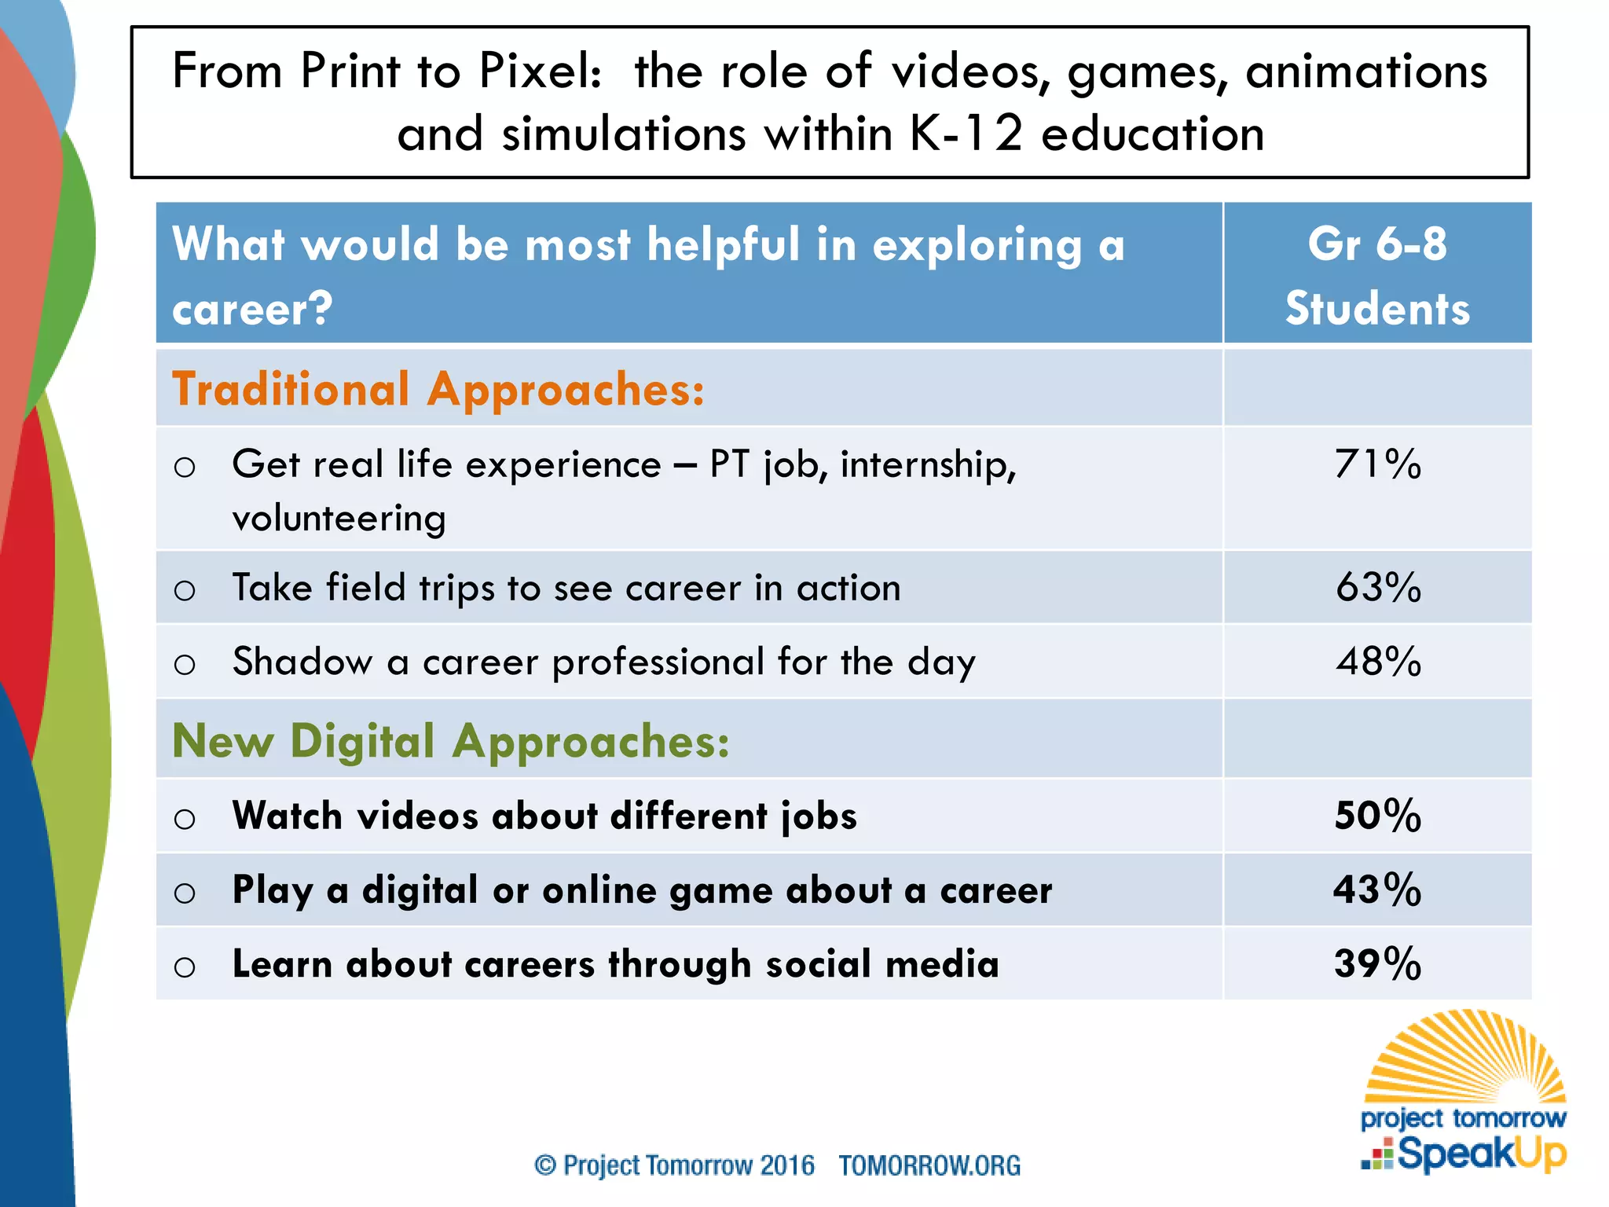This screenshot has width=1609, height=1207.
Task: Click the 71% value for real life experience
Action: click(1377, 464)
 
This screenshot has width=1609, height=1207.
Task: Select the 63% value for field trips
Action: click(1378, 588)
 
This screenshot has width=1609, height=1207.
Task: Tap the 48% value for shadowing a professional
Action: click(1378, 662)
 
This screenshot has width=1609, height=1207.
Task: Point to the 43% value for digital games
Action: click(1377, 890)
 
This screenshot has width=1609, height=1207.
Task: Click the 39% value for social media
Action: click(1377, 963)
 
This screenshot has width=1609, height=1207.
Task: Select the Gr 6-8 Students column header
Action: click(1377, 275)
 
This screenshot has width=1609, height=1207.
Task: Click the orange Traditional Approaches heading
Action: click(438, 389)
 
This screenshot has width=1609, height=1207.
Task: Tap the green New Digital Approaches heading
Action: click(450, 740)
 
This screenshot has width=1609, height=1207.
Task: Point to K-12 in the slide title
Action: click(966, 134)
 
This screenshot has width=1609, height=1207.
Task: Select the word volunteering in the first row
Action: click(339, 519)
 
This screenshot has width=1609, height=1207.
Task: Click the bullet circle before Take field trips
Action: click(185, 590)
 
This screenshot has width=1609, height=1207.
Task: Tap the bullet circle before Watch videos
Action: click(185, 819)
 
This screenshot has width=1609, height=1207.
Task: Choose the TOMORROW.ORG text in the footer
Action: click(929, 1165)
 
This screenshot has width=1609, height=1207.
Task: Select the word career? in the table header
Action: click(252, 309)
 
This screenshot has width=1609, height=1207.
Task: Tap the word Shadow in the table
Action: click(302, 662)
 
